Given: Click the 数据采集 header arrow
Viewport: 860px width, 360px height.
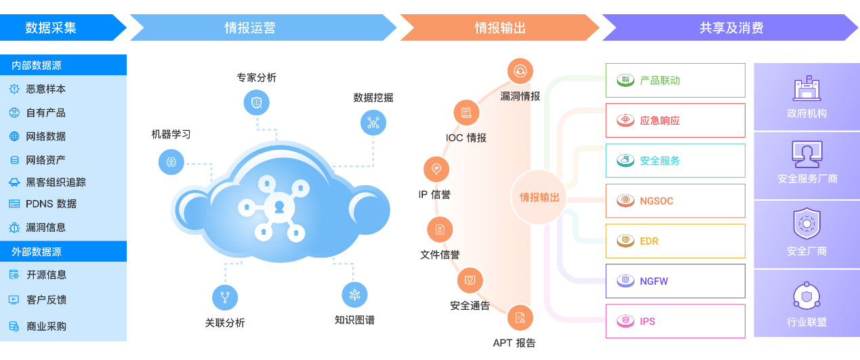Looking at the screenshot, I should tap(58, 28).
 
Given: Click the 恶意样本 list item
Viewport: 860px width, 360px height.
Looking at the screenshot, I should tap(45, 89).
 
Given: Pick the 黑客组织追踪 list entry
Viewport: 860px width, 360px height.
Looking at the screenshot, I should tap(56, 182).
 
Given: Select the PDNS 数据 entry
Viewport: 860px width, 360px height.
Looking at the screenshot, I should tap(51, 203).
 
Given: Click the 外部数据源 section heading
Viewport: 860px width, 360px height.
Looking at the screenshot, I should tap(37, 252).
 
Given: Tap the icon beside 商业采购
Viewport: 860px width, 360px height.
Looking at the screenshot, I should tap(14, 326).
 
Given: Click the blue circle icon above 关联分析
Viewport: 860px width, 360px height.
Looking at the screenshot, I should tap(225, 297).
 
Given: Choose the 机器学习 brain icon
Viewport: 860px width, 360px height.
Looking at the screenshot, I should tap(171, 161).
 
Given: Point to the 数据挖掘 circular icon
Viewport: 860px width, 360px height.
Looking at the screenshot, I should tap(373, 123).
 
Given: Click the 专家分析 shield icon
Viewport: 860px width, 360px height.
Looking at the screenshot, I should tap(256, 102).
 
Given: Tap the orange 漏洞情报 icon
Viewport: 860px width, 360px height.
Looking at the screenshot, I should tap(520, 71).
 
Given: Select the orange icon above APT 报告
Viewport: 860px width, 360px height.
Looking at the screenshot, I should tap(520, 317).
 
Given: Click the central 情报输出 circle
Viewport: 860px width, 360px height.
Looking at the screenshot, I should tap(539, 197).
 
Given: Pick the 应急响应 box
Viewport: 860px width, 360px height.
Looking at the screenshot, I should tap(674, 121).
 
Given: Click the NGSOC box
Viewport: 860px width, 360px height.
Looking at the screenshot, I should tap(674, 201).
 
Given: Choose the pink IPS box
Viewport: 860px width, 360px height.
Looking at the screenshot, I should tap(674, 321).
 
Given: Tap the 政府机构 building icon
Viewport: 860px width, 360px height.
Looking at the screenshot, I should tap(806, 89).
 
